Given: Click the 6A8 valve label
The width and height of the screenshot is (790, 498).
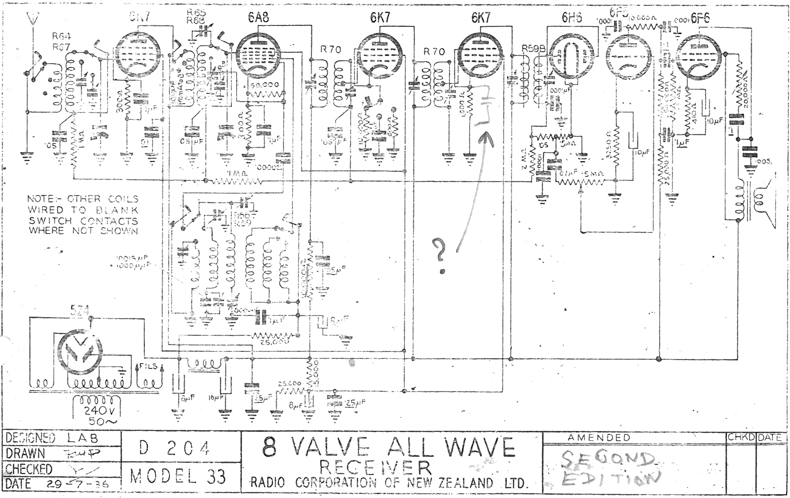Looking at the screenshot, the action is pos(259,17).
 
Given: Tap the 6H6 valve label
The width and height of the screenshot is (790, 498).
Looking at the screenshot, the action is pos(572,18).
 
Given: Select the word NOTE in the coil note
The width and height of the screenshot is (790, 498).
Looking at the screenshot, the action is pos(41,199).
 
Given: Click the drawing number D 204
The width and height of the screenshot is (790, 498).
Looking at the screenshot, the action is pos(174,448).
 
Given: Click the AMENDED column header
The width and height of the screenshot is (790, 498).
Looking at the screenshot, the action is pos(599,437).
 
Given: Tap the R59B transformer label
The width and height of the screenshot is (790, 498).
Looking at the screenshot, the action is pos(534,49).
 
